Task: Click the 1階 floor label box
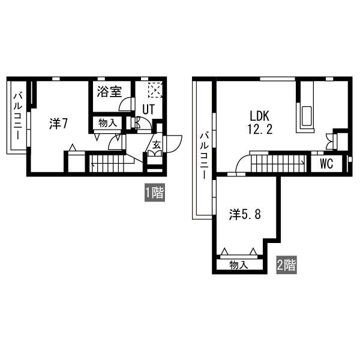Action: click(x=155, y=193)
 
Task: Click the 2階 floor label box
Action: click(x=286, y=265)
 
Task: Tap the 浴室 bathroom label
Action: click(x=109, y=92)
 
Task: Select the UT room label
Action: click(x=149, y=109)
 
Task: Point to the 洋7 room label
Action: click(x=58, y=124)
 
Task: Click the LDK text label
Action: click(x=259, y=116)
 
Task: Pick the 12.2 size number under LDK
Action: click(x=260, y=129)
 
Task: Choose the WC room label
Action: click(x=326, y=164)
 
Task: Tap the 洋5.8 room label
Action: click(x=245, y=215)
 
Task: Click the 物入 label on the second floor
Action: click(x=239, y=265)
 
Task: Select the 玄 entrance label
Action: click(x=157, y=145)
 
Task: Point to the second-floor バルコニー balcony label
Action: click(x=204, y=156)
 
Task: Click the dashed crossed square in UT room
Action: click(x=155, y=90)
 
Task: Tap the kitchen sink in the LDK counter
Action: click(x=305, y=116)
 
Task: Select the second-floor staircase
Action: click(x=278, y=163)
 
